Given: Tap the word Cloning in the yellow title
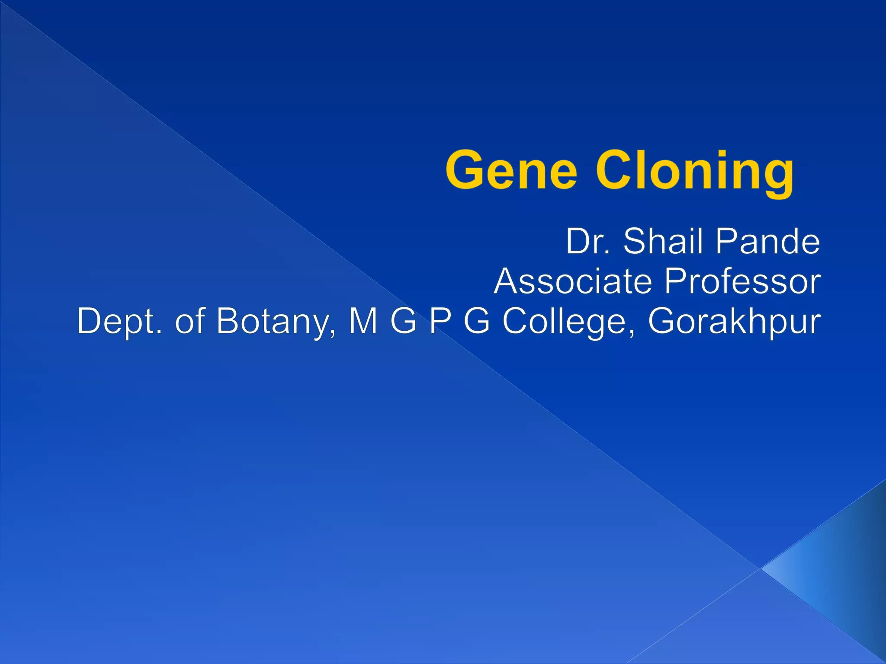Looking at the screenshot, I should tap(695, 171).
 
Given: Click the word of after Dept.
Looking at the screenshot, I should tap(189, 321).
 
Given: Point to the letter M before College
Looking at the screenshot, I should tap(363, 321).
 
